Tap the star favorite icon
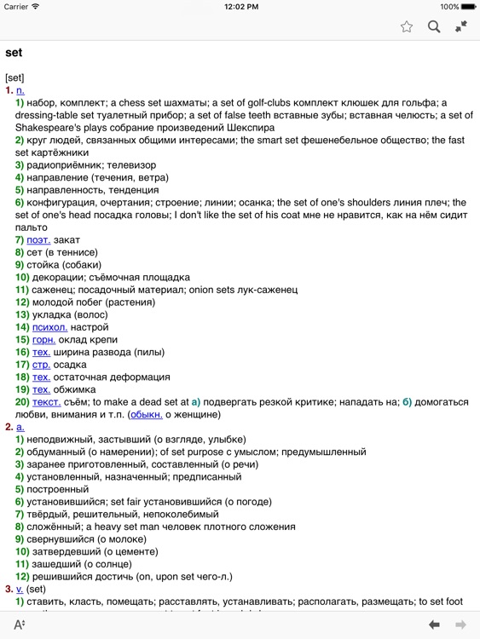tap(407, 26)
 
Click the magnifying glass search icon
tap(434, 26)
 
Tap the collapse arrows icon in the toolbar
tap(461, 26)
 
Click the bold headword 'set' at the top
tap(14, 53)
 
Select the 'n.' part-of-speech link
tap(20, 90)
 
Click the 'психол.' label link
tap(48, 327)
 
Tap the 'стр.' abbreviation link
tap(41, 365)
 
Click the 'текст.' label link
tap(47, 402)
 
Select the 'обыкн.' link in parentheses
tap(146, 415)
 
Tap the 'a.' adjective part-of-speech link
tap(20, 427)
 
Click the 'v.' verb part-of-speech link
tap(20, 589)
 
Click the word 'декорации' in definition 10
tap(62, 278)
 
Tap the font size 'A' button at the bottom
tap(18, 625)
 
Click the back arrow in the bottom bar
tap(434, 625)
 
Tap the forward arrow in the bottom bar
tap(461, 625)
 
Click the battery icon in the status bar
tap(466, 6)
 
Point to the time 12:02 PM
tap(240, 6)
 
